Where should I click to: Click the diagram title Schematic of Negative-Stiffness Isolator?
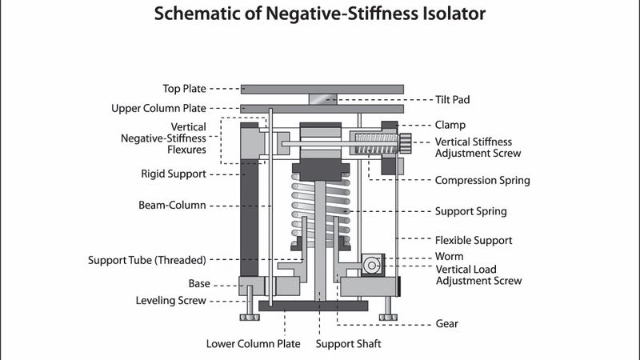pyautogui.click(x=320, y=14)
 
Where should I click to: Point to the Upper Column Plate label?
pyautogui.click(x=158, y=108)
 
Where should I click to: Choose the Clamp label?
pyautogui.click(x=450, y=125)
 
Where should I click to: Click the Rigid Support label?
pyautogui.click(x=173, y=174)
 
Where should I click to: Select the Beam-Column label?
pyautogui.click(x=172, y=205)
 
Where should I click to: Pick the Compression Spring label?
pyautogui.click(x=482, y=180)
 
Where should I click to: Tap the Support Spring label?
pyautogui.click(x=471, y=211)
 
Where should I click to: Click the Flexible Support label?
pyautogui.click(x=474, y=240)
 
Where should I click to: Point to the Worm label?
pyautogui.click(x=449, y=257)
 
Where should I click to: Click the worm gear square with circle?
pyautogui.click(x=371, y=264)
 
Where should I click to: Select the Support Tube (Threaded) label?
pyautogui.click(x=147, y=259)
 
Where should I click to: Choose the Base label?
pyautogui.click(x=199, y=283)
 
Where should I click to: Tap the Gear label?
pyautogui.click(x=448, y=324)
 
